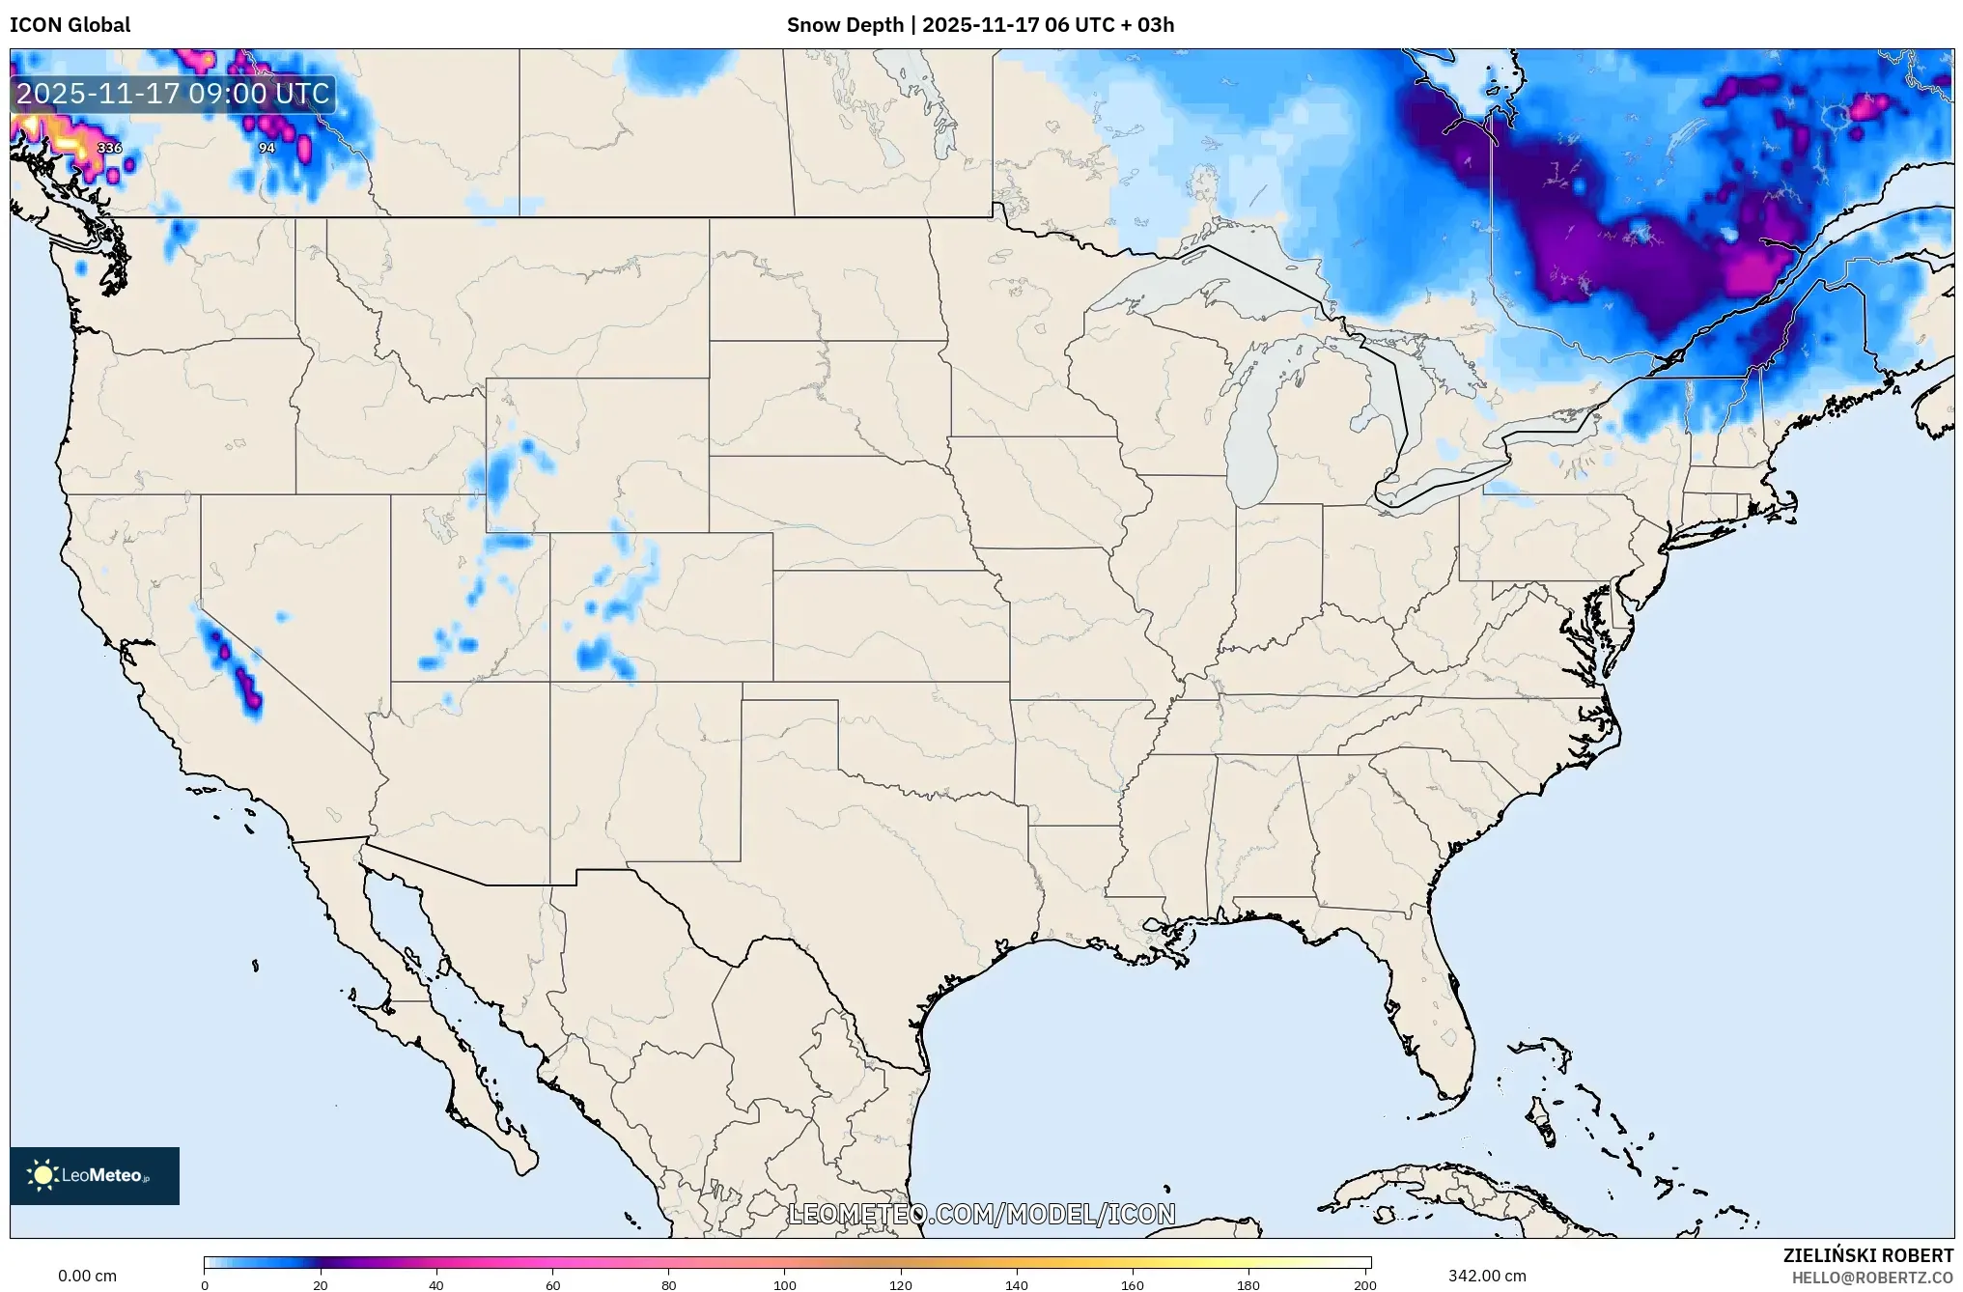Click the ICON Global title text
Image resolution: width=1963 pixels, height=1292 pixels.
[x=70, y=25]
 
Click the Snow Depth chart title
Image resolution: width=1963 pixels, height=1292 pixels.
[x=980, y=25]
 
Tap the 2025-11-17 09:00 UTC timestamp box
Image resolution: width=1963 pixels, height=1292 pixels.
[x=174, y=94]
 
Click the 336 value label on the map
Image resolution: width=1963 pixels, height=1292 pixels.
[x=110, y=148]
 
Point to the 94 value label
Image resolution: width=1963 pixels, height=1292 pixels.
[x=266, y=148]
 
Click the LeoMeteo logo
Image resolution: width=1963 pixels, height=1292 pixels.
[x=95, y=1175]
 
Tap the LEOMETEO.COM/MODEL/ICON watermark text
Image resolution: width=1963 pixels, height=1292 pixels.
[x=981, y=1214]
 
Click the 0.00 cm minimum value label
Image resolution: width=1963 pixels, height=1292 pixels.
[x=87, y=1276]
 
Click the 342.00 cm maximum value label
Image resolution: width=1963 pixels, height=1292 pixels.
[x=1487, y=1276]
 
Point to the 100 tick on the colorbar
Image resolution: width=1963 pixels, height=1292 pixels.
[x=784, y=1284]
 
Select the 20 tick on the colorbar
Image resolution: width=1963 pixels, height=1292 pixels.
[x=321, y=1284]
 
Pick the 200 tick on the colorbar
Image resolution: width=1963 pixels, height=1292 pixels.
[x=1364, y=1284]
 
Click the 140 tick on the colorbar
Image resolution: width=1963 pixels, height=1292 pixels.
[x=1017, y=1284]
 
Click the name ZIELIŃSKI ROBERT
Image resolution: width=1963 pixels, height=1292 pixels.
[x=1867, y=1255]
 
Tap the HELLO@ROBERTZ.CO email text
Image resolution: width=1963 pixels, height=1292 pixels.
[x=1872, y=1278]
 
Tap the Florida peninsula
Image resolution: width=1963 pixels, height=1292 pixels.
[x=1439, y=1004]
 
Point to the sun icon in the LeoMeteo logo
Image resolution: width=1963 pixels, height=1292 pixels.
[x=42, y=1175]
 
